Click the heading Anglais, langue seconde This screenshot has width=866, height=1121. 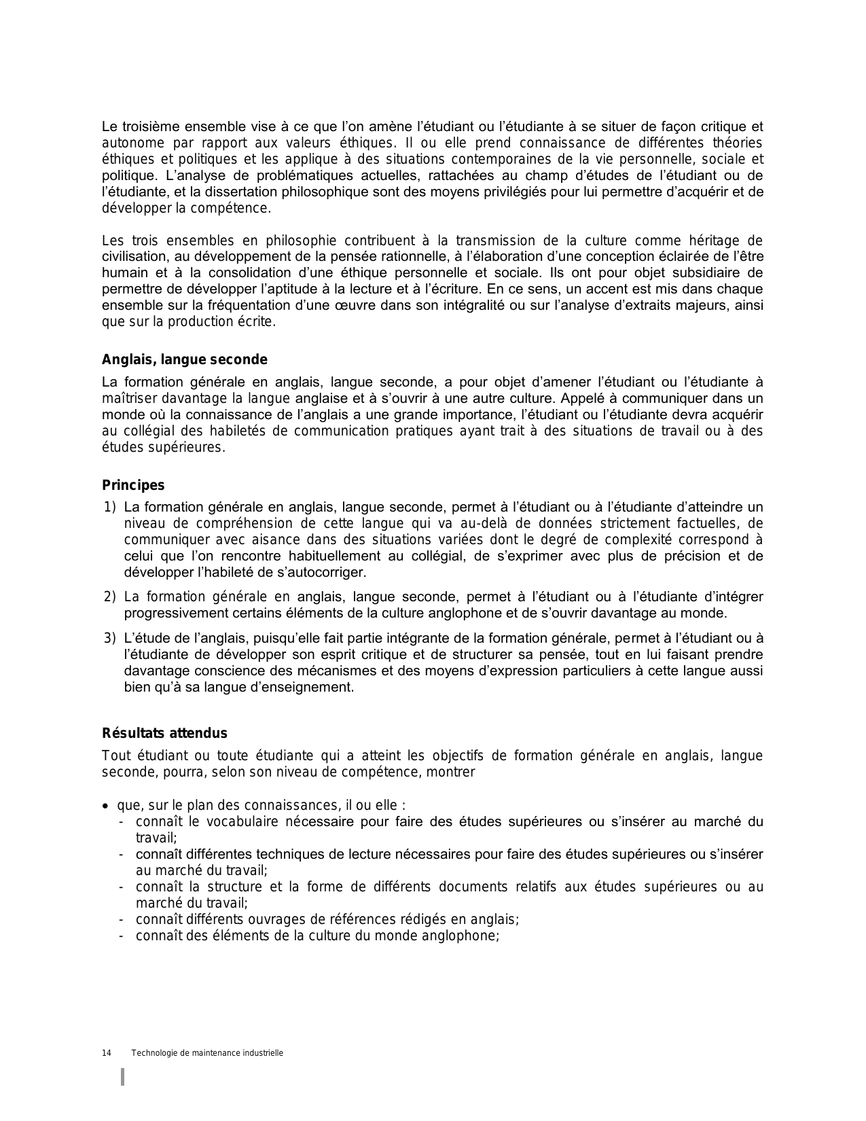tap(184, 360)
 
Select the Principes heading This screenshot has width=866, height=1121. tap(133, 485)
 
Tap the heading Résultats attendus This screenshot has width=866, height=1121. tap(164, 733)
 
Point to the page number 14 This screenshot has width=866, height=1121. tap(107, 1053)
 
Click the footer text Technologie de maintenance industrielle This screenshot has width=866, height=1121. tap(207, 1053)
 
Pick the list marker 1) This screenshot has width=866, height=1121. tap(111, 507)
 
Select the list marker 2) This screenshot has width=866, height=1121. tap(111, 597)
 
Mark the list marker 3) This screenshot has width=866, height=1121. tap(111, 638)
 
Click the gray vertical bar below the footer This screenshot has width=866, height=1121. tap(123, 1077)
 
